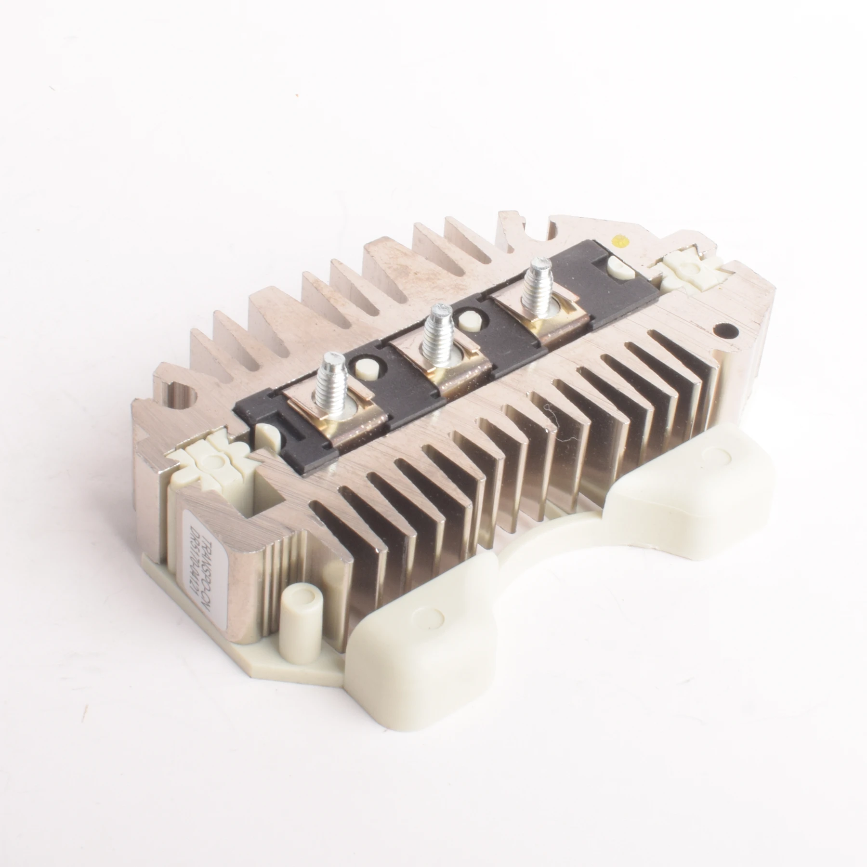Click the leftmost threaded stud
point(332,378)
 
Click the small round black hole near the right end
point(728,331)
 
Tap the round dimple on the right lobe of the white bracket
point(719,459)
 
